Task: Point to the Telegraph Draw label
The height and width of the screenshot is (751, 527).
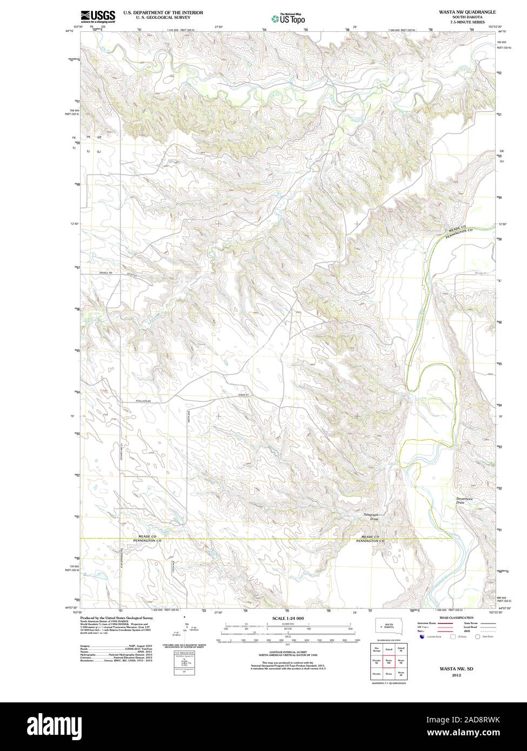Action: [x=371, y=517]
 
